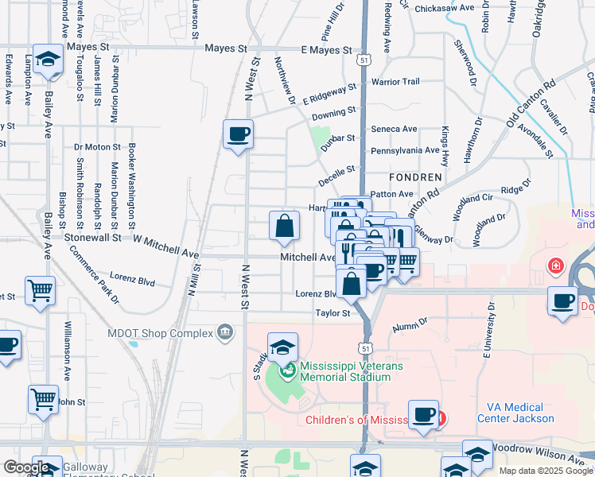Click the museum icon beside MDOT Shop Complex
(x=226, y=332)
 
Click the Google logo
(x=26, y=467)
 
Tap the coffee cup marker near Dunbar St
(x=238, y=134)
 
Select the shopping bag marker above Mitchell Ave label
(x=284, y=227)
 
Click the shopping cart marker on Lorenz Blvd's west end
(x=40, y=290)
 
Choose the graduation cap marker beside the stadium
(x=282, y=348)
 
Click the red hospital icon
(x=554, y=265)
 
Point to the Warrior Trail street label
(x=395, y=82)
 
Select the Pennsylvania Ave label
(x=405, y=149)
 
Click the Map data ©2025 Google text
(x=546, y=471)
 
